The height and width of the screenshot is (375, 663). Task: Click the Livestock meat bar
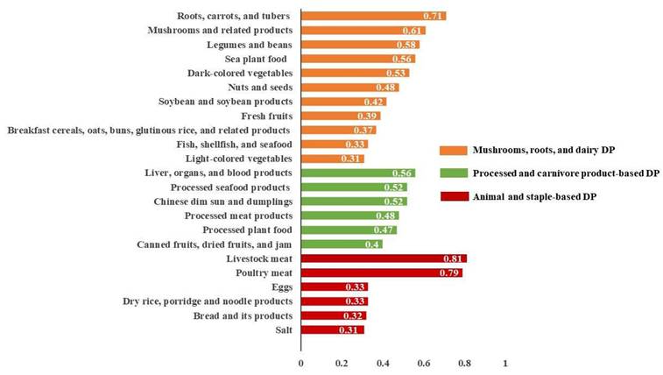pyautogui.click(x=384, y=258)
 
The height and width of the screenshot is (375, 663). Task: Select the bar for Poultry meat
pyautogui.click(x=382, y=272)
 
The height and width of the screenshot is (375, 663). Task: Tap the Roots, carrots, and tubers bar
pyautogui.click(x=373, y=16)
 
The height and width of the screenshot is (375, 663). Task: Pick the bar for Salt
pyautogui.click(x=333, y=329)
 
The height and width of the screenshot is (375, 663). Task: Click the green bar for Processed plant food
pyautogui.click(x=349, y=230)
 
